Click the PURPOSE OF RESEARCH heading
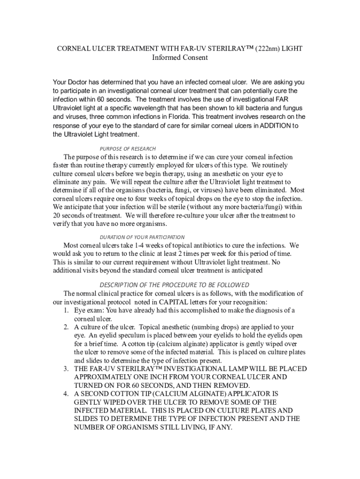128,149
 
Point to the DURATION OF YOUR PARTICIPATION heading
142,237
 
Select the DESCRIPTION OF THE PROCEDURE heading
174,285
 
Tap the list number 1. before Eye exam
67,311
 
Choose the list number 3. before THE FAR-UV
67,369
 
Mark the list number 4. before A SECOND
67,394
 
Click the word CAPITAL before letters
173,302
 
